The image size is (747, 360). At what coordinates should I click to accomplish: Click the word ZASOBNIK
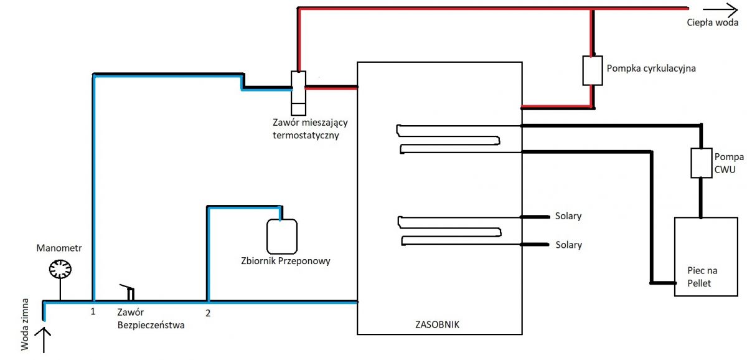click(437, 324)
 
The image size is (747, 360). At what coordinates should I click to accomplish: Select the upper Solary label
click(568, 216)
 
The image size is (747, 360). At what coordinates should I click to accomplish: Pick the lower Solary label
click(568, 245)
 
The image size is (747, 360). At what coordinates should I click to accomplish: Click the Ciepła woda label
click(712, 22)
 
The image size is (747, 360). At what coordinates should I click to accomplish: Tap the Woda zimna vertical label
click(25, 324)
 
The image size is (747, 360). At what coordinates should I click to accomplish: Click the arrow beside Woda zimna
click(44, 340)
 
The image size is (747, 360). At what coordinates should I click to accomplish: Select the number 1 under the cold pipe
click(93, 311)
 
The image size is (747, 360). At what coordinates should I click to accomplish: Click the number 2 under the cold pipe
click(208, 313)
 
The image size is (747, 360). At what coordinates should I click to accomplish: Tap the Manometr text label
click(59, 248)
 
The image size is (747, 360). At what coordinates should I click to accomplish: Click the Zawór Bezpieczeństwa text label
click(151, 319)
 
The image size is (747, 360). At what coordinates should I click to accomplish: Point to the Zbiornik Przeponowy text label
click(286, 261)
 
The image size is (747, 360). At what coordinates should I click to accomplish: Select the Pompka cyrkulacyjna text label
click(651, 69)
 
